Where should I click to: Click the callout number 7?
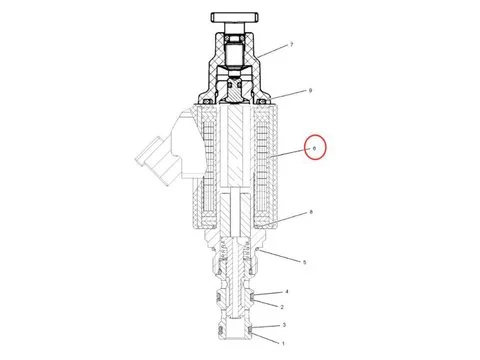[291, 46]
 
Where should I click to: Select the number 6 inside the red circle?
[315, 149]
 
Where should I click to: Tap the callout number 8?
[312, 213]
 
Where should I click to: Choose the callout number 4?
[286, 291]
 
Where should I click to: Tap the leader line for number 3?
[268, 326]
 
